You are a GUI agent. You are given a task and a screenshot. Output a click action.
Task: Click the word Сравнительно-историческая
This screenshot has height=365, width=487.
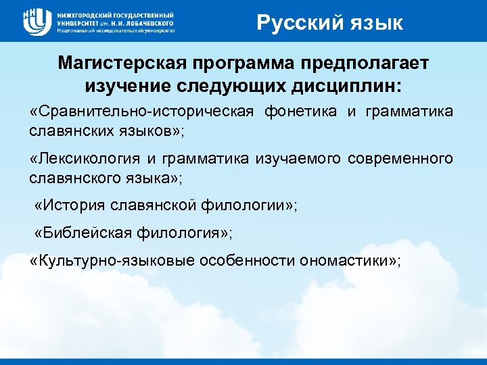click(x=142, y=112)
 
